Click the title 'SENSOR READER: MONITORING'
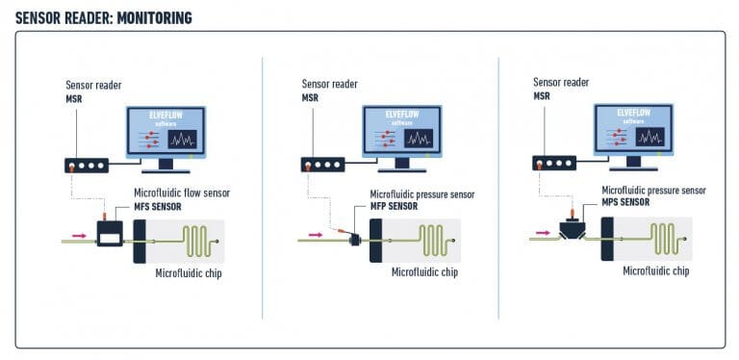(104, 16)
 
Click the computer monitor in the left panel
(166, 134)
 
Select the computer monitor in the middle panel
(402, 134)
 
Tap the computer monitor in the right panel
(633, 131)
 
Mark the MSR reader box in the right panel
(554, 163)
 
